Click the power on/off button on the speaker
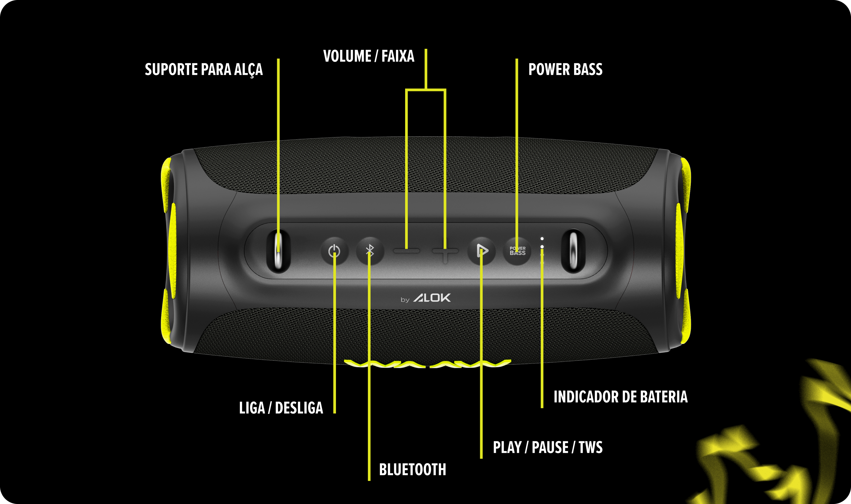pos(334,251)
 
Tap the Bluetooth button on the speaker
pos(370,251)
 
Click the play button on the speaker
pos(482,251)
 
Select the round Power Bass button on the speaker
pos(517,251)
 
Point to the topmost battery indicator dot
pos(542,239)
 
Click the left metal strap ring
pos(278,251)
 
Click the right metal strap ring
pos(573,251)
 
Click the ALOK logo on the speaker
pos(432,298)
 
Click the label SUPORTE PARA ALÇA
pos(204,70)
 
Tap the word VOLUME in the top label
pos(347,56)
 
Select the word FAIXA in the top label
pos(398,56)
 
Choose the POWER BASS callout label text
pos(565,69)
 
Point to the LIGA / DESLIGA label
pos(281,408)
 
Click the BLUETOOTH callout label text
pos(412,470)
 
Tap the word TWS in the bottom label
pos(590,447)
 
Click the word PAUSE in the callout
pos(550,447)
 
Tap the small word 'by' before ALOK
pos(405,300)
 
